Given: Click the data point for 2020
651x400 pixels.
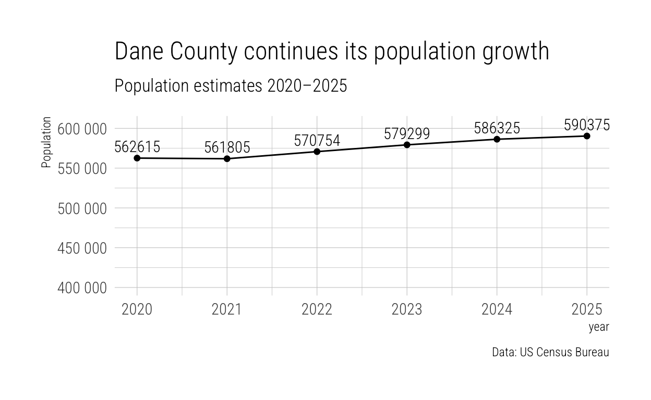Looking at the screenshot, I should tap(137, 158).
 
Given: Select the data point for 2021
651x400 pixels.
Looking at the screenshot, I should tap(227, 158).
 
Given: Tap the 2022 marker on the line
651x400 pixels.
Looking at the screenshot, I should tap(317, 152).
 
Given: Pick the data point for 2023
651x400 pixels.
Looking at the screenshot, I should tap(407, 145).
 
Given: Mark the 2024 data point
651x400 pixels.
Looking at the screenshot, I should tap(497, 139).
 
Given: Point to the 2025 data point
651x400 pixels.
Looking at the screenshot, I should tap(587, 136).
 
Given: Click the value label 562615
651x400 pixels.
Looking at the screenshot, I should tap(137, 147).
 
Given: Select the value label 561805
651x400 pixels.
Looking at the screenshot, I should tap(227, 147).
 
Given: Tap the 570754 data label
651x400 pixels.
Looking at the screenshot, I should tap(317, 141).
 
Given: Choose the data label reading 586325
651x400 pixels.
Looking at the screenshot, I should tap(497, 128).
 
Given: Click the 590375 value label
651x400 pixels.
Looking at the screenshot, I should tap(587, 125).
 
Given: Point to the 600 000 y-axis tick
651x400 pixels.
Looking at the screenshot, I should tap(82, 129).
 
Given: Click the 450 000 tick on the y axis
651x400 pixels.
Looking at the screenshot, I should tap(82, 248).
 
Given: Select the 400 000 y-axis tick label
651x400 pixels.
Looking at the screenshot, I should tap(82, 287).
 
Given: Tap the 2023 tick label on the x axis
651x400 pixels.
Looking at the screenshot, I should tap(407, 310).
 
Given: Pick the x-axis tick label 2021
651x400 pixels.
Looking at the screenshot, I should tap(227, 310).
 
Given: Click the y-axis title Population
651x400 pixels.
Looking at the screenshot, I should tap(46, 142).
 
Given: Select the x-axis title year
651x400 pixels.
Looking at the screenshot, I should tap(599, 328).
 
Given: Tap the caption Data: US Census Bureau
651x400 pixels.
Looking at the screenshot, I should tap(550, 352).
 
